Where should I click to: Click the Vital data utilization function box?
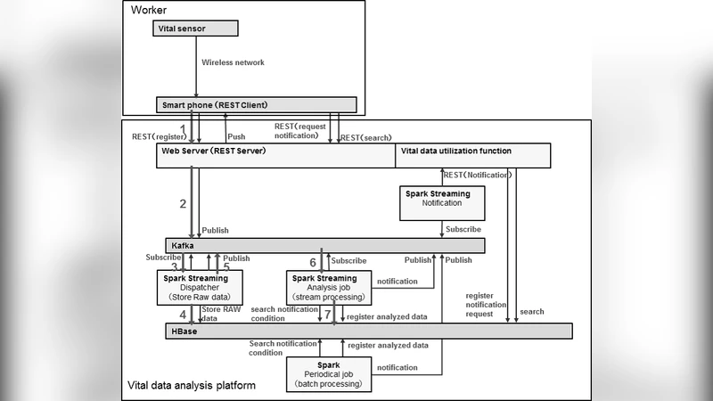[471, 155]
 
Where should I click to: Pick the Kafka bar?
[325, 245]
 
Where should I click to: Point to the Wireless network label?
[233, 62]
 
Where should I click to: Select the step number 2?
[182, 204]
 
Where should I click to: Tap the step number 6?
[312, 262]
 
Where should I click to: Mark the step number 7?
[327, 315]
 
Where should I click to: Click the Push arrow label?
[236, 137]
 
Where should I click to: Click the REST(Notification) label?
[477, 175]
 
